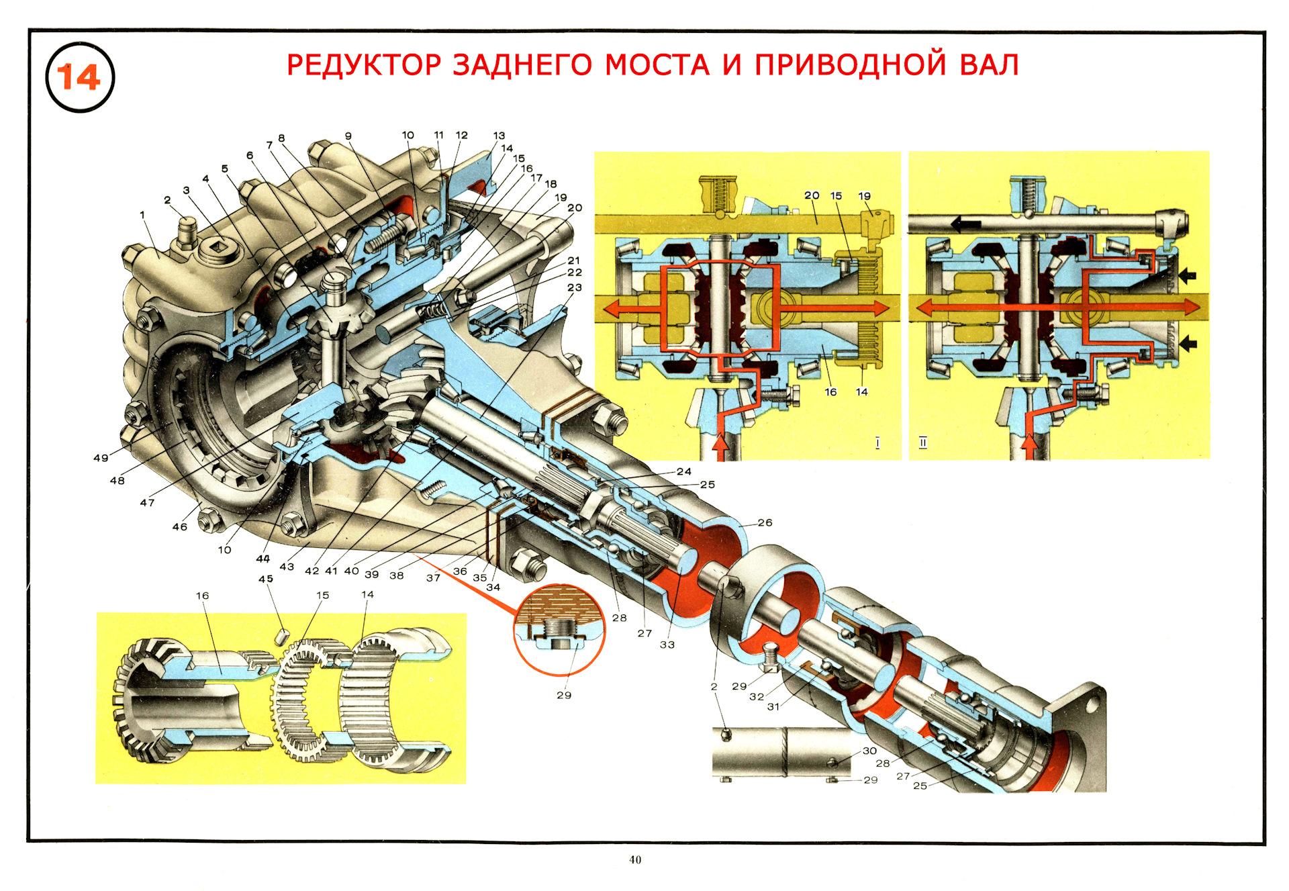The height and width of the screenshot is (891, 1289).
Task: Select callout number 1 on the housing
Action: [x=142, y=214]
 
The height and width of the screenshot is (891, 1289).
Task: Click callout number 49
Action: [x=101, y=458]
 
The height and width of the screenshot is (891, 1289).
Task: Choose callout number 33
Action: [x=667, y=645]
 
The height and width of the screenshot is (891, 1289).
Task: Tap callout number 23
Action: [x=574, y=287]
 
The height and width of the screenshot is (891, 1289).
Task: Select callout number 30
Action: [x=869, y=751]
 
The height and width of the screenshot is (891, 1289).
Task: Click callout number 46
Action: [x=179, y=527]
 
